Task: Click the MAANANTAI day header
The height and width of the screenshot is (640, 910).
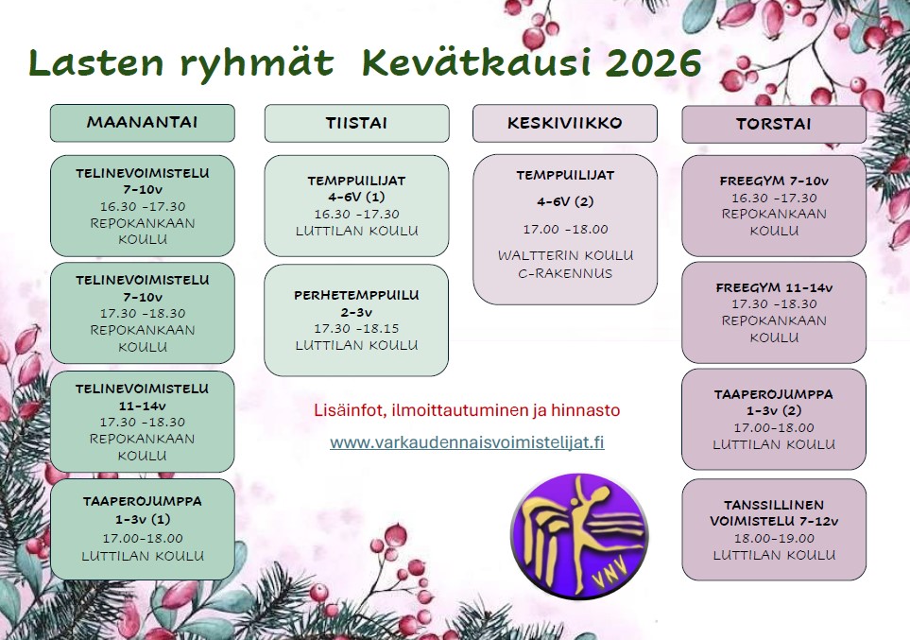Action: coord(142,123)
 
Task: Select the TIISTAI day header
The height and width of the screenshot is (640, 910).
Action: coord(356,123)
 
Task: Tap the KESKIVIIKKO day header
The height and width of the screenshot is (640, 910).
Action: coord(565,123)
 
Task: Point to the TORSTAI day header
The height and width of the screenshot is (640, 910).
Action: coord(774,124)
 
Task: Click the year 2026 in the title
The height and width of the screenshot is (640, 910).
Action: coord(652,62)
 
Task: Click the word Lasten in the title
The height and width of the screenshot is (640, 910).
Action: coord(96,62)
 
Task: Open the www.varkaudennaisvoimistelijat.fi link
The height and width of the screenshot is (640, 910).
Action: coord(467,442)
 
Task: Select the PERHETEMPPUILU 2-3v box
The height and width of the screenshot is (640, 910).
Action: coord(356,320)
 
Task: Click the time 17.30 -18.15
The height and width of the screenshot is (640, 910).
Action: coord(356,329)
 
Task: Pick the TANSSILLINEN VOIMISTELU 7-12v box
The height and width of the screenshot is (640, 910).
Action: coord(774,529)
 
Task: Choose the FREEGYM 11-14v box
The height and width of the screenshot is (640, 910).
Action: coord(774,313)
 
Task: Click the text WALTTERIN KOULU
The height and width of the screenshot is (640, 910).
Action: coord(565,255)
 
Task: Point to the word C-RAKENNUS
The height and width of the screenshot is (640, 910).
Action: coord(565,273)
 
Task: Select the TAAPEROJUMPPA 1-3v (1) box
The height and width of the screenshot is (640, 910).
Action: coord(142,529)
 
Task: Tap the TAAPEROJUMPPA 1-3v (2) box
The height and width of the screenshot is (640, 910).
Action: coord(774,420)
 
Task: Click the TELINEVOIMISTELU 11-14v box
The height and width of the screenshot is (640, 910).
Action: coord(142,422)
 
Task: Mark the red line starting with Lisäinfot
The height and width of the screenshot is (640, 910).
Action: coord(467,410)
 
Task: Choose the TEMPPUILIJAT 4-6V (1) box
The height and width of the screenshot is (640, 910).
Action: coord(356,205)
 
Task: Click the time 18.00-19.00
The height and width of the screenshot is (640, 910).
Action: coord(774,538)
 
